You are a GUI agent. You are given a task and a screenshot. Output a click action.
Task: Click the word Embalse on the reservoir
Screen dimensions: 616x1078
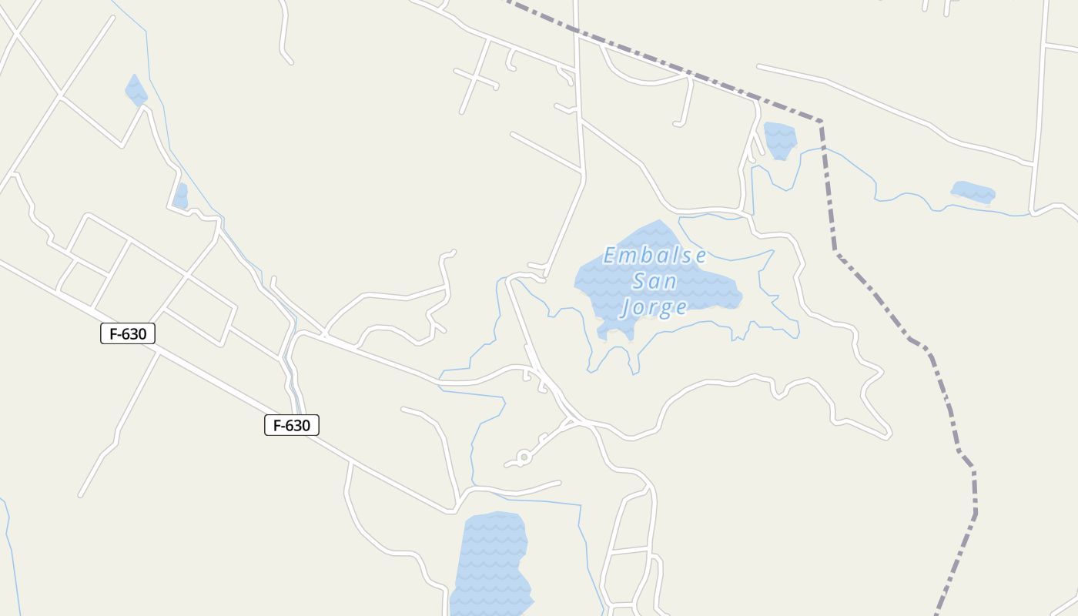pos(654,256)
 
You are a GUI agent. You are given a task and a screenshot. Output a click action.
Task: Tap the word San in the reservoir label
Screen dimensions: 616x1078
pos(654,282)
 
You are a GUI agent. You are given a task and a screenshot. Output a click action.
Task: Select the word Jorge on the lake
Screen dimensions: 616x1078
pos(654,308)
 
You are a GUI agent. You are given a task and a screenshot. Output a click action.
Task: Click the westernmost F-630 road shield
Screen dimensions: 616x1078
pos(128,333)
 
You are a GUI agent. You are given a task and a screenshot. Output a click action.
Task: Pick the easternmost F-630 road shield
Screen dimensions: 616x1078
pos(291,425)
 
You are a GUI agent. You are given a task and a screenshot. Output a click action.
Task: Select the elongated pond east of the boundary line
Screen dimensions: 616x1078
pos(973,192)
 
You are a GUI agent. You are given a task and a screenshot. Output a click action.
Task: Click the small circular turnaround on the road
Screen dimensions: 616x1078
pos(524,457)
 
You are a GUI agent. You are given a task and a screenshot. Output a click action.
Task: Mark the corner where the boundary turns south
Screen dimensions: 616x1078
pos(821,122)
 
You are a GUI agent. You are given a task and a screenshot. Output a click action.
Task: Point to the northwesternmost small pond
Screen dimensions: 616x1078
pos(136,90)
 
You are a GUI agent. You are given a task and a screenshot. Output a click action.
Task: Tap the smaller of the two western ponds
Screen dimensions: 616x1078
pos(181,196)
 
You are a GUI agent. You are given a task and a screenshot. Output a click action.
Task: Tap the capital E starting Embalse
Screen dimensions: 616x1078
pos(611,256)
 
